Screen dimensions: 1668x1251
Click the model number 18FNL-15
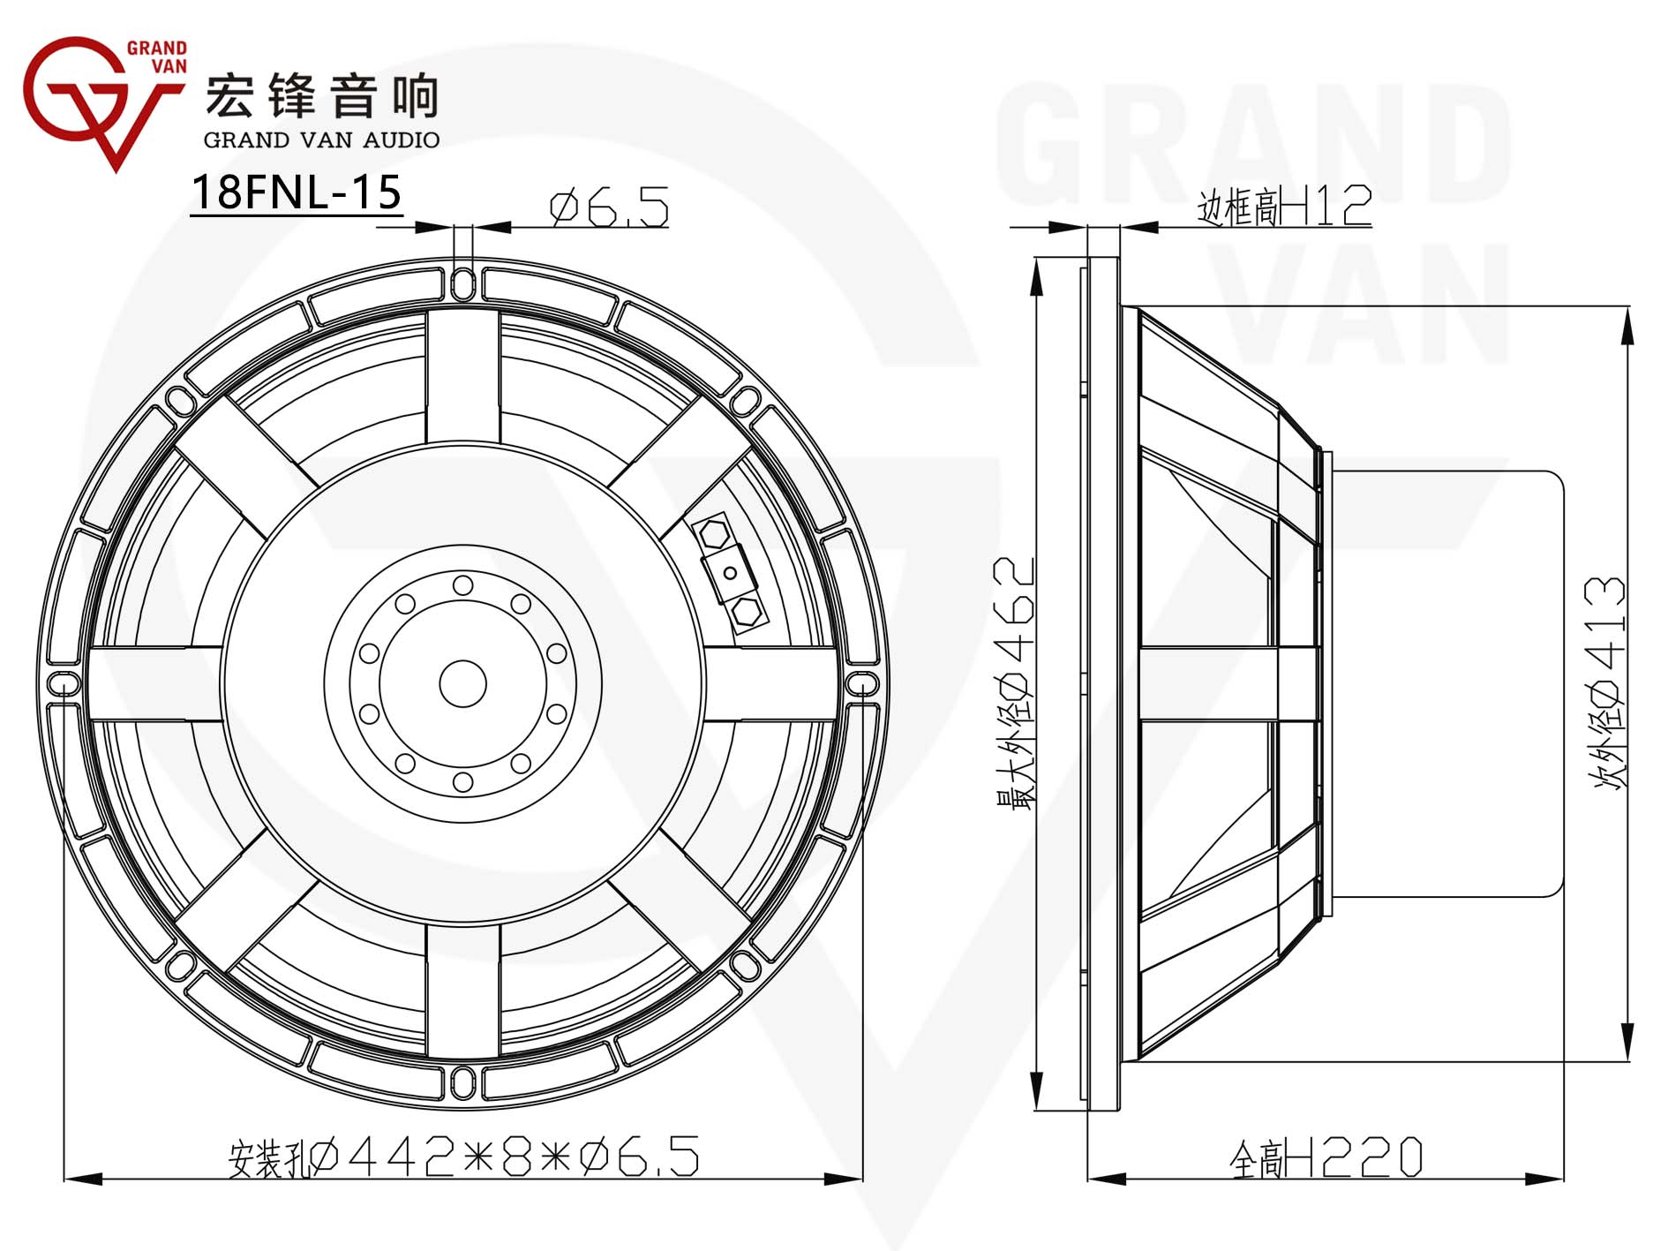pyautogui.click(x=297, y=192)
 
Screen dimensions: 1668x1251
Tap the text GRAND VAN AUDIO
pyautogui.click(x=321, y=139)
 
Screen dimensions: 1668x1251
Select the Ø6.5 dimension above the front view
pyautogui.click(x=609, y=208)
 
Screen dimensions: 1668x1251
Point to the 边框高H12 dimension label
pyautogui.click(x=1284, y=206)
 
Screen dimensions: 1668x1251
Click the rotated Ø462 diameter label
pyautogui.click(x=1014, y=683)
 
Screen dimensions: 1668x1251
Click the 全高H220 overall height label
pyautogui.click(x=1326, y=1157)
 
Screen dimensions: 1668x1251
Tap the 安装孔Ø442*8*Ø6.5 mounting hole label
pyautogui.click(x=464, y=1157)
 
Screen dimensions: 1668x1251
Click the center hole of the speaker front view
pyautogui.click(x=462, y=683)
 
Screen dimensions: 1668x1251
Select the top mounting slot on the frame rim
pyautogui.click(x=463, y=283)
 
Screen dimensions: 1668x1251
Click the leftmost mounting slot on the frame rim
pyautogui.click(x=63, y=683)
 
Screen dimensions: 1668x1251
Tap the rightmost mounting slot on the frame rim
pyautogui.click(x=863, y=683)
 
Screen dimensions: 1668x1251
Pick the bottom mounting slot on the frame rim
pyautogui.click(x=463, y=1083)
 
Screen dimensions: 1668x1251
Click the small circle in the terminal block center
pyautogui.click(x=730, y=573)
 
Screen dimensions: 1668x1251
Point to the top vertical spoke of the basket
pyautogui.click(x=463, y=375)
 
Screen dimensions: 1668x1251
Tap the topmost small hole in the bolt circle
pyautogui.click(x=463, y=585)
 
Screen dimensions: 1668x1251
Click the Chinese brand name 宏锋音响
pyautogui.click(x=322, y=95)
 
